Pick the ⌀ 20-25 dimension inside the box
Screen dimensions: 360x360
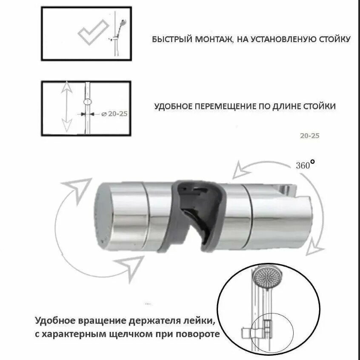(114, 114)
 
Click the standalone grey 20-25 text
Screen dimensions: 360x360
(309, 136)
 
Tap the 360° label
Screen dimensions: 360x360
(306, 165)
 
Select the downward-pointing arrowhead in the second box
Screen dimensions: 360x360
(66, 126)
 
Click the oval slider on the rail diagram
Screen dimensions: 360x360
(88, 102)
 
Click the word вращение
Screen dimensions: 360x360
(100, 321)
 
